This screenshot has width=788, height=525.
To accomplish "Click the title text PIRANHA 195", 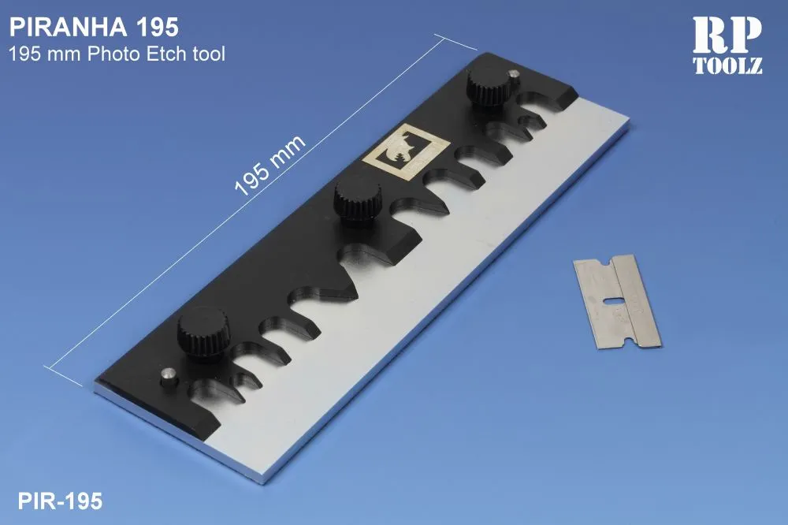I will tap(93, 27).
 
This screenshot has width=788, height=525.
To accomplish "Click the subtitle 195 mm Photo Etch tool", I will tap(117, 54).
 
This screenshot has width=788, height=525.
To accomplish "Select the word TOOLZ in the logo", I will tap(727, 66).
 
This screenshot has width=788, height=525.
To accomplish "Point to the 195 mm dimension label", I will tap(270, 164).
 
